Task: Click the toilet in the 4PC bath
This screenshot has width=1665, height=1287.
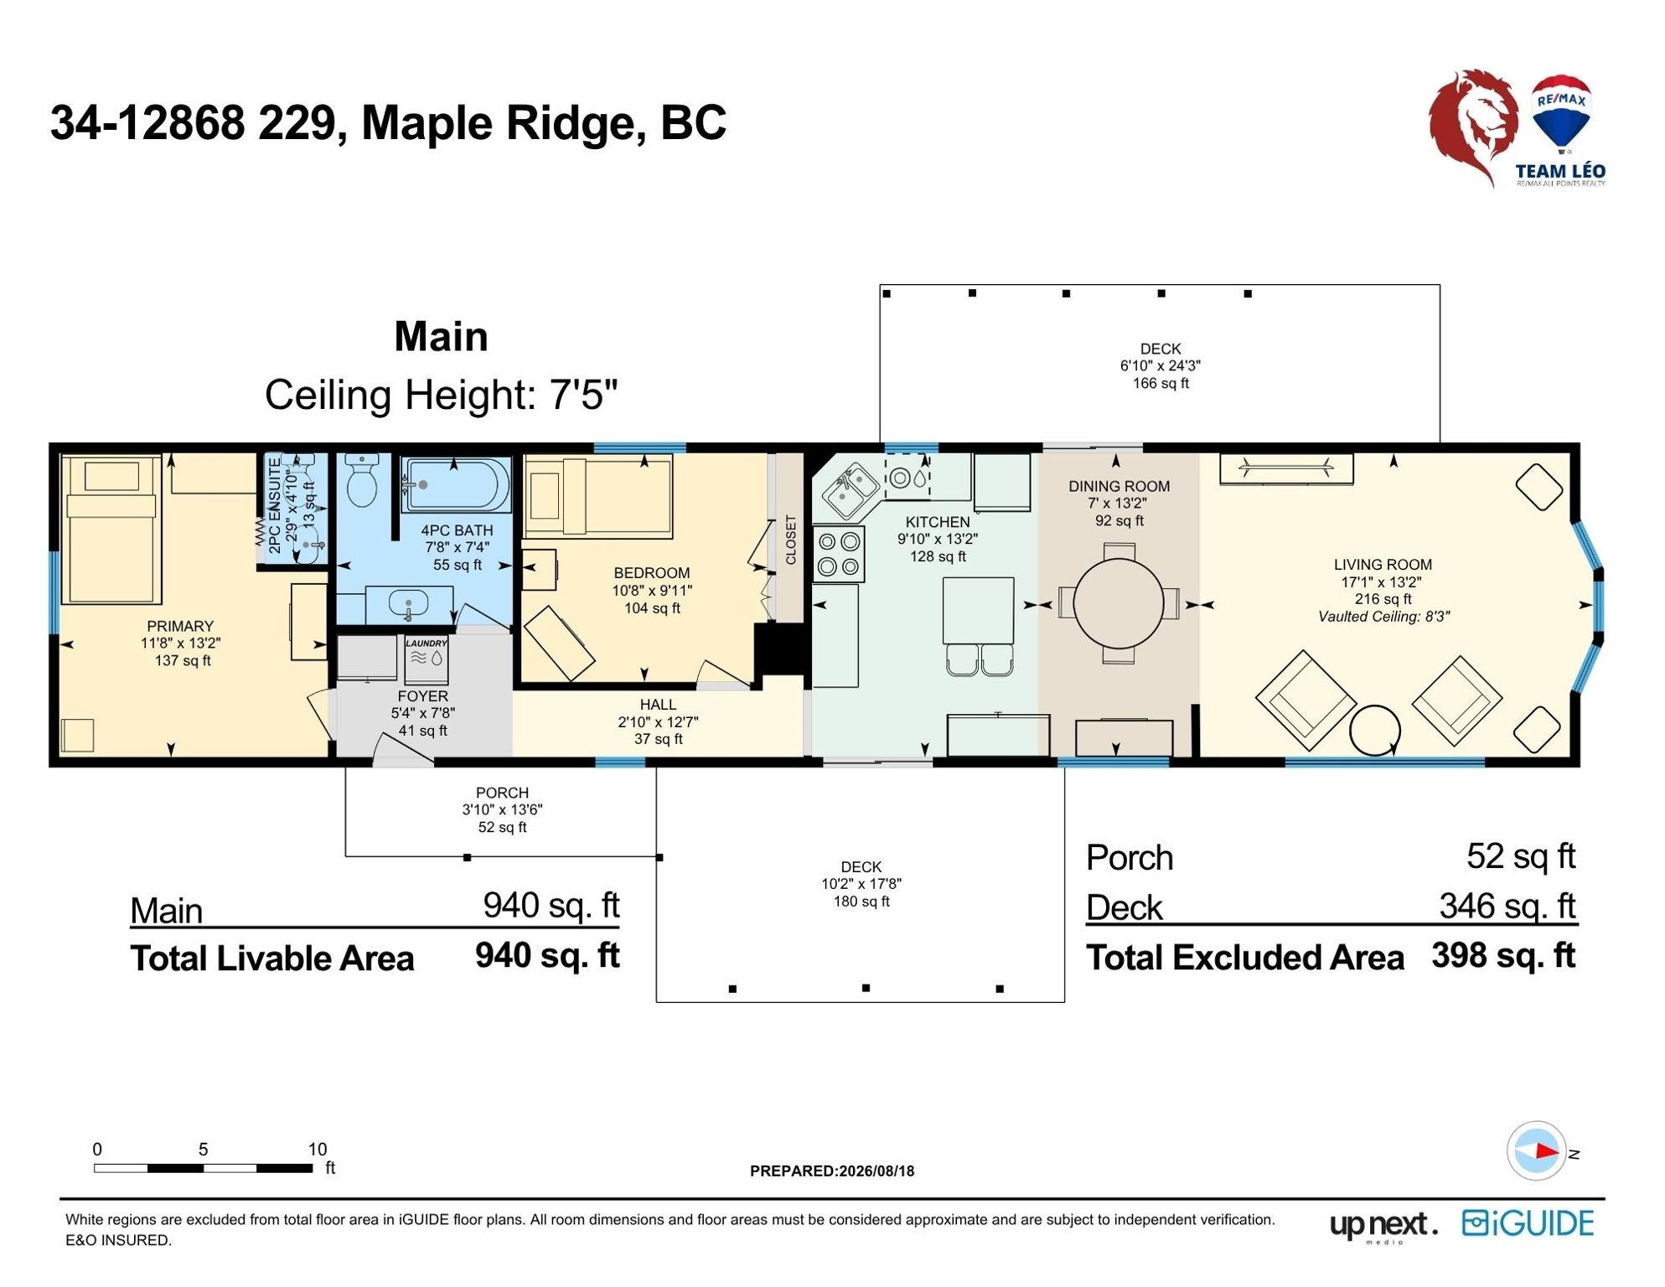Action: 362,481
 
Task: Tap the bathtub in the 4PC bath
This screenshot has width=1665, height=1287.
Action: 456,484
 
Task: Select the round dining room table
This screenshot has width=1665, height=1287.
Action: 1119,603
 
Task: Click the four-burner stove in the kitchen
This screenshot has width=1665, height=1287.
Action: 839,555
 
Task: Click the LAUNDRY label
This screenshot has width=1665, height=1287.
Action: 427,643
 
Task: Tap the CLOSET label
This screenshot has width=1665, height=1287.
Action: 791,540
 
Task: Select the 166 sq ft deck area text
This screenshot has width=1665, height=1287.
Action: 1161,384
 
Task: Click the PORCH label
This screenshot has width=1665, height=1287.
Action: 502,793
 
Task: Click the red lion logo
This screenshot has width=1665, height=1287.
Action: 1472,126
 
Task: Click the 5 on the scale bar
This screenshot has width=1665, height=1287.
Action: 203,1150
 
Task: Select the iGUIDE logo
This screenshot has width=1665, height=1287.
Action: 1528,1224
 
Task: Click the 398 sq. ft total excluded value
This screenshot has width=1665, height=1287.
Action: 1504,956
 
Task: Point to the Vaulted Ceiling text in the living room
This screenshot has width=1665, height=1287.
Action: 1383,618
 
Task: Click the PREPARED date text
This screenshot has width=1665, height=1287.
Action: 832,1171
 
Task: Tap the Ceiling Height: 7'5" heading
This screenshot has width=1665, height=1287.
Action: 441,395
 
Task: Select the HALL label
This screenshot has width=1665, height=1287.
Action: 658,705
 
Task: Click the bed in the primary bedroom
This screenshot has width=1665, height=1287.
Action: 111,530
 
